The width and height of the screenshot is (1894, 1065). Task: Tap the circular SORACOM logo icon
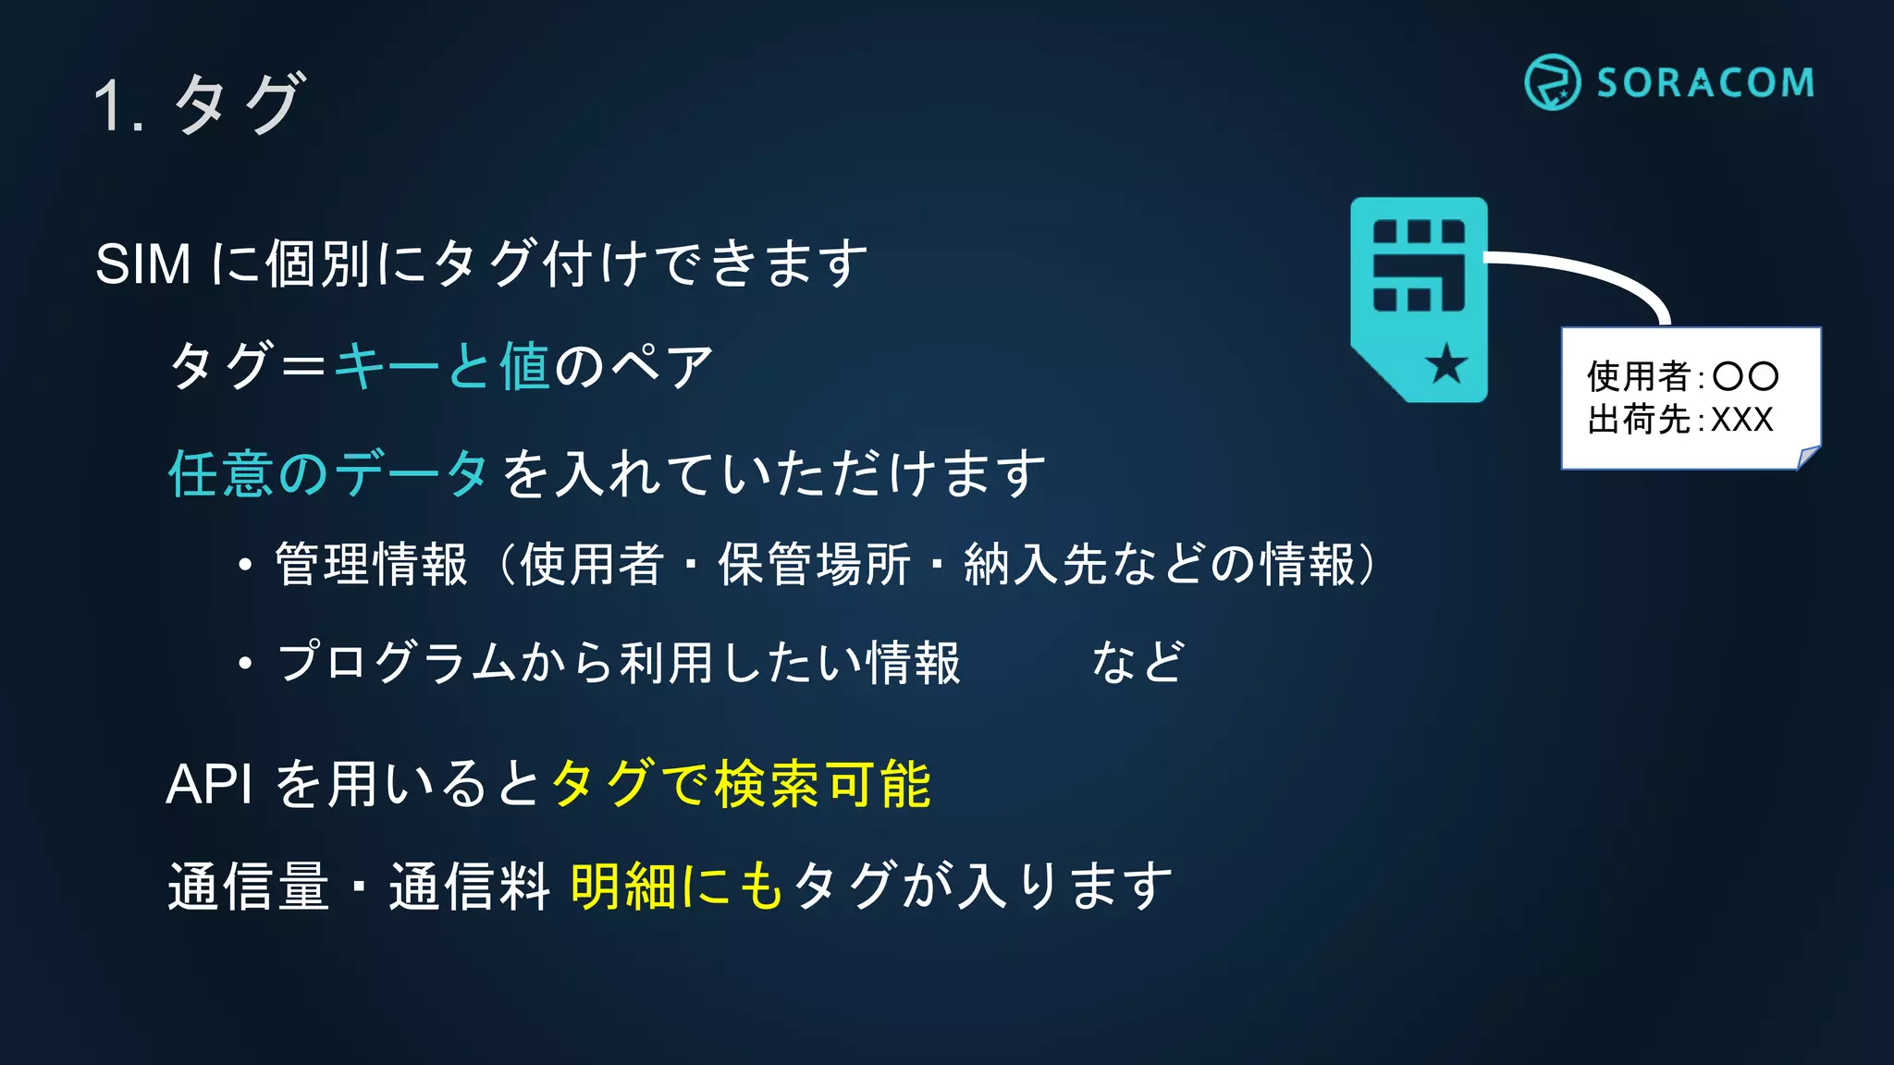point(1552,82)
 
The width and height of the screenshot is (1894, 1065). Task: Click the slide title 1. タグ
point(198,104)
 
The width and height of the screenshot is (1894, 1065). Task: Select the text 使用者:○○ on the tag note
point(1682,376)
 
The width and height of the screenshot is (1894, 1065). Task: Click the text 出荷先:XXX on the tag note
point(1680,420)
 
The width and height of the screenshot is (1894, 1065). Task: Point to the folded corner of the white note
point(1807,457)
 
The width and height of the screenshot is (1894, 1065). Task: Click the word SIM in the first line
point(143,264)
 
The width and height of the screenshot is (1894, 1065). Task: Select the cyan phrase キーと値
point(441,366)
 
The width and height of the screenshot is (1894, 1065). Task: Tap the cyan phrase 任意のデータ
point(327,473)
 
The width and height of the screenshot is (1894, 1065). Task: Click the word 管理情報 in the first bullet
point(371,564)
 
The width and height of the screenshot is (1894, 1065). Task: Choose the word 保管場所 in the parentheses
point(814,564)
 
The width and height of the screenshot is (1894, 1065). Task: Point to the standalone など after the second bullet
point(1138,662)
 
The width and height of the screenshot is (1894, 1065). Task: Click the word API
point(209,785)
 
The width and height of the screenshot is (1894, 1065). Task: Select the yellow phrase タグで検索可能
point(741,785)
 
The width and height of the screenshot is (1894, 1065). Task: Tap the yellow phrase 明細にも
point(677,886)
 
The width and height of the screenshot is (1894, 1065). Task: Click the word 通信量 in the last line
point(248,886)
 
